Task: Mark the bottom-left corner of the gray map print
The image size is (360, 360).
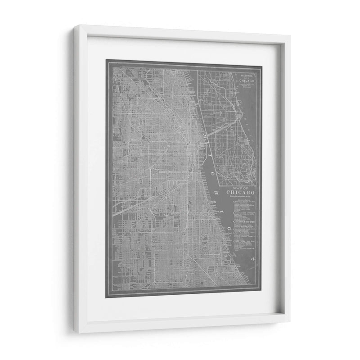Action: point(106,297)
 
